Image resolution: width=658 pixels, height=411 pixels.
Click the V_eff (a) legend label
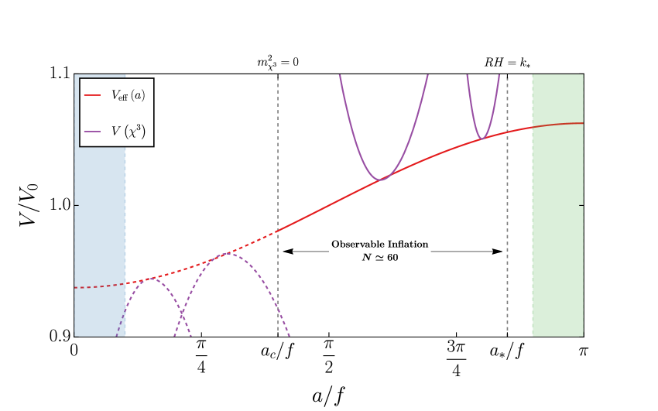[x=127, y=96]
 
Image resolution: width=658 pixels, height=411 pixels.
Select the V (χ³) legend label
[x=127, y=131]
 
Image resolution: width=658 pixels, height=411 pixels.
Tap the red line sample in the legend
[x=92, y=96]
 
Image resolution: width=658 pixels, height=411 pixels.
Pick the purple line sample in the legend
[x=92, y=132]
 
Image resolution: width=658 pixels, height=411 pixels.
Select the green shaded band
[x=557, y=232]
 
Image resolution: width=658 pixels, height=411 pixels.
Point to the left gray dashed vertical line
[x=278, y=155]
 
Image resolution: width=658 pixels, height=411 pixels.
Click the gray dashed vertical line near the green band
[x=507, y=232]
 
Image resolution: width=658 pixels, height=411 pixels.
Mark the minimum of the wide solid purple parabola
[x=381, y=180]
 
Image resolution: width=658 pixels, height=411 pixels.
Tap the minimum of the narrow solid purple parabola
[x=482, y=139]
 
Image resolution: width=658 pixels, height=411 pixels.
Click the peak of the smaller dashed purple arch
[x=151, y=279]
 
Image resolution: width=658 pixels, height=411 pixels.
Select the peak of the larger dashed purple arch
[x=227, y=253]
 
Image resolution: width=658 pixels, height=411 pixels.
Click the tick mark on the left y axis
[x=77, y=205]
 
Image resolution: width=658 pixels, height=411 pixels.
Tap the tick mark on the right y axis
[x=581, y=205]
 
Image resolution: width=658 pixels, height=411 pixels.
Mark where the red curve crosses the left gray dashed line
[x=278, y=230]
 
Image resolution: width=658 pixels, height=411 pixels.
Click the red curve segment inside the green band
[x=557, y=124]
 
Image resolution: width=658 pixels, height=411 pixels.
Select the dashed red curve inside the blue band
[x=100, y=286]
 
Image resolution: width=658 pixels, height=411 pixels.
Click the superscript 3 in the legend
[x=141, y=126]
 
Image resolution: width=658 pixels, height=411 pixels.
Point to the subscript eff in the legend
[x=124, y=98]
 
